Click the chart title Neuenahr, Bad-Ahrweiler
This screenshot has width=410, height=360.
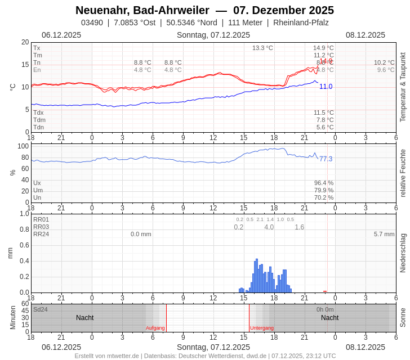[x=142, y=10]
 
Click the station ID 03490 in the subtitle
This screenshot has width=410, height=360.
[x=92, y=22]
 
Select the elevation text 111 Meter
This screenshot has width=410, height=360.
[x=245, y=22]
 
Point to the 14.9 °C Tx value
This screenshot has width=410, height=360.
[x=323, y=48]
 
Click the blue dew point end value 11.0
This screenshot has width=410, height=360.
[x=326, y=87]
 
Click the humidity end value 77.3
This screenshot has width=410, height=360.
[x=326, y=159]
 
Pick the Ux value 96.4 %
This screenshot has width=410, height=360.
[x=324, y=183]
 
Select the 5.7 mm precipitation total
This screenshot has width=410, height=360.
[x=384, y=234]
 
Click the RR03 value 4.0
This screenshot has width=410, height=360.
[x=269, y=227]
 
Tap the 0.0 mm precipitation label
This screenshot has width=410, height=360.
[x=141, y=234]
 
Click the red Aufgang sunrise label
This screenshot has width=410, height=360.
[x=155, y=328]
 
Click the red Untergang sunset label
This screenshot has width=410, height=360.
[x=262, y=328]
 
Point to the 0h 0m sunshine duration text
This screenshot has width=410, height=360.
[x=325, y=309]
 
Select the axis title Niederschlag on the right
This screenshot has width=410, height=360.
[x=403, y=253]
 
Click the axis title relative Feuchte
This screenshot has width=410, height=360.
[x=403, y=173]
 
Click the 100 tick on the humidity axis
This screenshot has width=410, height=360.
[x=23, y=146]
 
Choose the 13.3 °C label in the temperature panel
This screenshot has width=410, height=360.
[x=262, y=48]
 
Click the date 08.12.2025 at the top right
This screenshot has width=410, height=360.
[x=366, y=35]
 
